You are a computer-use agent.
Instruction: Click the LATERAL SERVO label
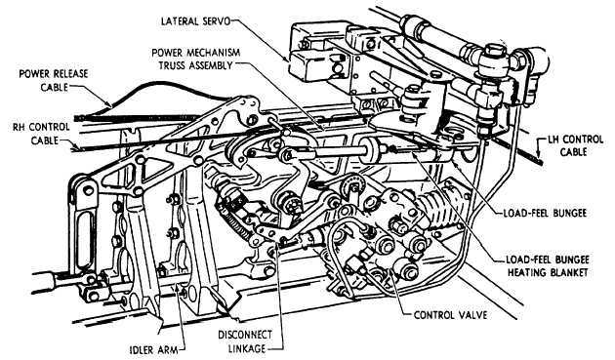coord(194,20)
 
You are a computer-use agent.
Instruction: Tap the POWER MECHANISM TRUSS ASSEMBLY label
coord(195,59)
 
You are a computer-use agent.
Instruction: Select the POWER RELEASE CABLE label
coord(54,80)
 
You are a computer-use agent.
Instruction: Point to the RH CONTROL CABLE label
coord(41,134)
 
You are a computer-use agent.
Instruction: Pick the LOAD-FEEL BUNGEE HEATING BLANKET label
coord(548,266)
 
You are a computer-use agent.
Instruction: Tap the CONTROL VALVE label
coord(451,315)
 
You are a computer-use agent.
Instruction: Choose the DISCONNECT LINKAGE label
coord(245,341)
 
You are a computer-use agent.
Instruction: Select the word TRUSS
coord(172,65)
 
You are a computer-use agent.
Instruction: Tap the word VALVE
coord(471,315)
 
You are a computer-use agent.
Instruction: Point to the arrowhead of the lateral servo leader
coord(287,59)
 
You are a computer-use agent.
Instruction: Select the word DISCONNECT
coord(245,335)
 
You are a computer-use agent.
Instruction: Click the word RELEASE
coord(70,74)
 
